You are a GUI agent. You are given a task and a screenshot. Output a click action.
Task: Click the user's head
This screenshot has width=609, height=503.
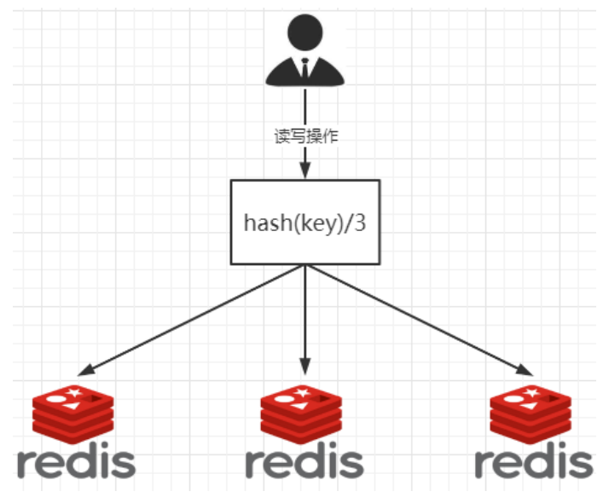click(x=304, y=32)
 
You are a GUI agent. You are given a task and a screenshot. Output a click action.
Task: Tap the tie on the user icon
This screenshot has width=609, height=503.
click(x=304, y=68)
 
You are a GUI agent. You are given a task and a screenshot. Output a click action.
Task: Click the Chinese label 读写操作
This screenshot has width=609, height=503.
click(x=306, y=136)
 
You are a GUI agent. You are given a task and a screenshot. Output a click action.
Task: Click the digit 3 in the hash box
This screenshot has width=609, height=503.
click(x=360, y=223)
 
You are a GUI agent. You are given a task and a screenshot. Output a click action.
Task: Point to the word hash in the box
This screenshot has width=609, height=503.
click(x=268, y=223)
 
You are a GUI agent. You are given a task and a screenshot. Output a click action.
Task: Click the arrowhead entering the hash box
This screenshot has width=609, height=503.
click(x=305, y=170)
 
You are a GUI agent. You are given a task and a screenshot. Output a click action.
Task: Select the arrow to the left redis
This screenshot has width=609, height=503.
click(x=191, y=321)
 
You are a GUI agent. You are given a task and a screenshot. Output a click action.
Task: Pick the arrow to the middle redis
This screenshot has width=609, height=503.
click(x=305, y=320)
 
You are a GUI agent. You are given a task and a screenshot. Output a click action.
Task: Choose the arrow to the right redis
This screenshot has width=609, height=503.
click(x=420, y=321)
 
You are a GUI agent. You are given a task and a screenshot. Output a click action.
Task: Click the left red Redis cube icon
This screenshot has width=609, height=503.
click(x=73, y=413)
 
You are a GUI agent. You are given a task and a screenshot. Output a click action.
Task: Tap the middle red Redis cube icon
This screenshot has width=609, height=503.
click(x=301, y=413)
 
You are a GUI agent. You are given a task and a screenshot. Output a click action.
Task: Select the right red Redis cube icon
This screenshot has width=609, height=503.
click(x=531, y=413)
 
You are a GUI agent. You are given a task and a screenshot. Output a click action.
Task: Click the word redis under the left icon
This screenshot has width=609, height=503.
click(x=77, y=460)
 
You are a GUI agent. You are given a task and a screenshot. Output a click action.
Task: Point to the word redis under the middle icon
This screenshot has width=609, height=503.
click(x=304, y=460)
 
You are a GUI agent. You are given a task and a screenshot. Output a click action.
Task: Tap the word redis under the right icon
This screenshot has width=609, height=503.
click(x=534, y=460)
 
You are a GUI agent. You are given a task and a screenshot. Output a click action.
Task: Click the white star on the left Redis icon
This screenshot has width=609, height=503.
click(x=74, y=392)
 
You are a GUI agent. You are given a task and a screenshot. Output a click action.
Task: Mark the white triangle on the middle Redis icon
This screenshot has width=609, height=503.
click(x=300, y=406)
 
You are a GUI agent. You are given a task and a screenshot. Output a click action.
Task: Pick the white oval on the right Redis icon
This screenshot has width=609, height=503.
click(x=513, y=399)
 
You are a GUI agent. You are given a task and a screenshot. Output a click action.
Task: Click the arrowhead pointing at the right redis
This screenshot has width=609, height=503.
click(x=526, y=371)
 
